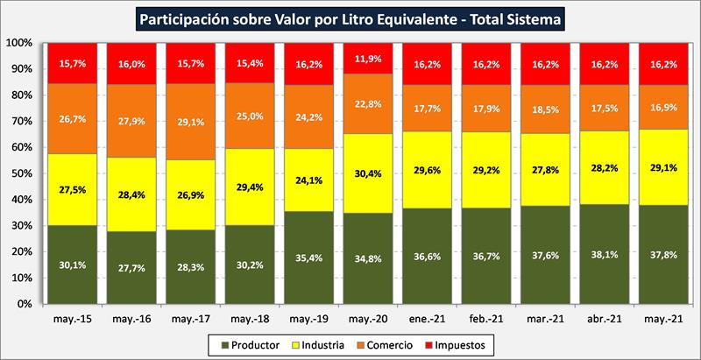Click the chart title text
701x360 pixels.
click(x=350, y=17)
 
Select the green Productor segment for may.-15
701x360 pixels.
click(x=72, y=264)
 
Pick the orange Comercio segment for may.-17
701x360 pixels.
click(x=191, y=123)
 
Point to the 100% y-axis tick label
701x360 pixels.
click(x=18, y=43)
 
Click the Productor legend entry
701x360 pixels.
click(x=259, y=345)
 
